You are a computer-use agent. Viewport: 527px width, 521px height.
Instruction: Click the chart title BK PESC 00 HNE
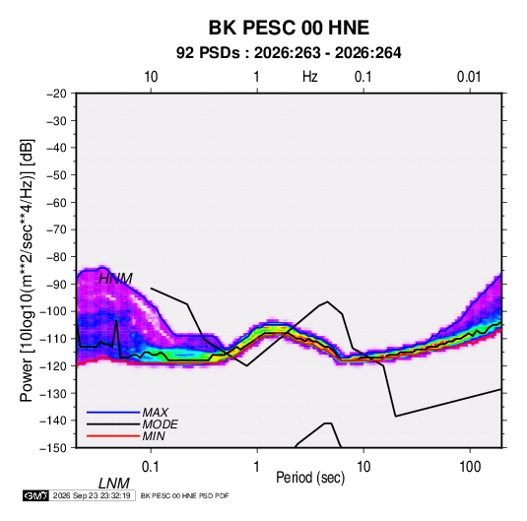click(x=289, y=28)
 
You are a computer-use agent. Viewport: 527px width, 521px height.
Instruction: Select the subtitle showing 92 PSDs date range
click(x=289, y=53)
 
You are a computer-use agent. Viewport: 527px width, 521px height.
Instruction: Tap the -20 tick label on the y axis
click(x=56, y=94)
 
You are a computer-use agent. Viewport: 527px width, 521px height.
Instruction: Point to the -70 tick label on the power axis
click(x=56, y=229)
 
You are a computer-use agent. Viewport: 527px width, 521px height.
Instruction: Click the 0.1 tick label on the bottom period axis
click(x=151, y=467)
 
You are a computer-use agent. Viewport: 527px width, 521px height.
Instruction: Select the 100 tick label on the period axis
click(x=470, y=467)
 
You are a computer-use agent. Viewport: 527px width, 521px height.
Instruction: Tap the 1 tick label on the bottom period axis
click(x=256, y=467)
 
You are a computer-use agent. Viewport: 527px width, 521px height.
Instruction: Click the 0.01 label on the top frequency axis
click(x=469, y=77)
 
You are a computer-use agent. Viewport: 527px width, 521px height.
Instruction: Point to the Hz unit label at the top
click(x=310, y=77)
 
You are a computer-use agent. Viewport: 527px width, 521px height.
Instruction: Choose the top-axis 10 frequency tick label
click(x=151, y=77)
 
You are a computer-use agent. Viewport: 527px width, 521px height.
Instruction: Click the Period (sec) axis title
click(x=310, y=478)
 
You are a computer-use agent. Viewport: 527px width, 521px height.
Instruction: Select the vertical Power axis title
click(x=27, y=270)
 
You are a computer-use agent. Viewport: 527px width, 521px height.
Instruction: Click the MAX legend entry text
click(x=155, y=413)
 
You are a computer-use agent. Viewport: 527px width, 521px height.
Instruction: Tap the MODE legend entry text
click(x=160, y=424)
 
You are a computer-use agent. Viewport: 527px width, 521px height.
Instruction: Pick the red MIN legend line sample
click(x=113, y=436)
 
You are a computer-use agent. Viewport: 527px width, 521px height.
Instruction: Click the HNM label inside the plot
click(x=115, y=279)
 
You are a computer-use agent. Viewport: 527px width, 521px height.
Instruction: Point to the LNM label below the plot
click(x=114, y=484)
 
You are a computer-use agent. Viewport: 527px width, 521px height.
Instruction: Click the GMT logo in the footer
click(x=35, y=495)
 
